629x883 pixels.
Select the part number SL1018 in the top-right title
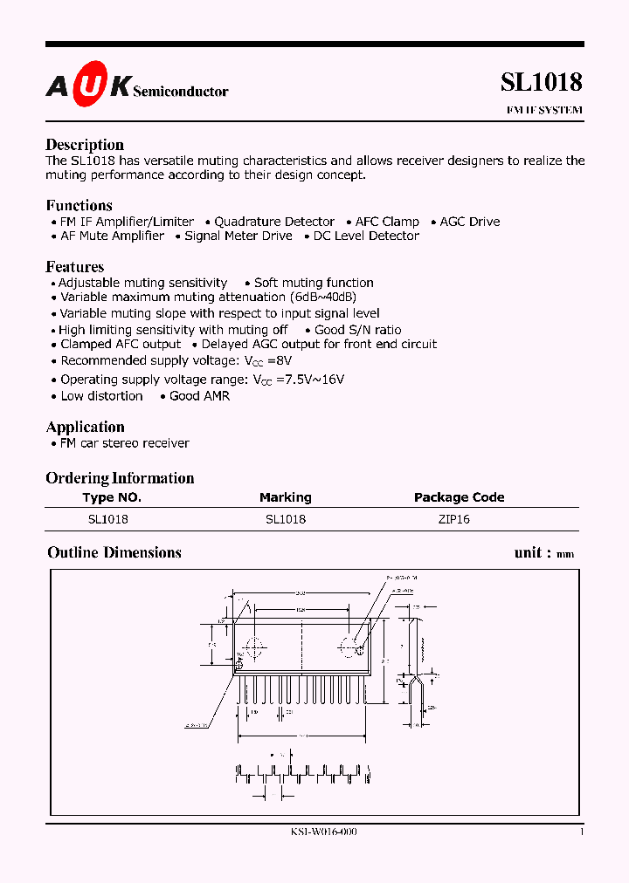click(x=541, y=82)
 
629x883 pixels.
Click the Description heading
click(x=85, y=145)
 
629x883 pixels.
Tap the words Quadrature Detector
click(x=274, y=222)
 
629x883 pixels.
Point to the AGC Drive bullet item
click(x=470, y=222)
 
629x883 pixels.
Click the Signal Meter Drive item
click(x=238, y=236)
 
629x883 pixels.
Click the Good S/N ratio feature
click(x=358, y=330)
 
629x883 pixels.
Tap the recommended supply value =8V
click(x=280, y=360)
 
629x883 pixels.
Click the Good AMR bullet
click(x=199, y=396)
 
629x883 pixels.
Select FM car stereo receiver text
click(x=124, y=443)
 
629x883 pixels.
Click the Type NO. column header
click(x=112, y=497)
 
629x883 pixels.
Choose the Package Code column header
click(x=459, y=497)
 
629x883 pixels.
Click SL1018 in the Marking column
click(x=286, y=518)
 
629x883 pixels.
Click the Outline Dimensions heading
click(x=114, y=552)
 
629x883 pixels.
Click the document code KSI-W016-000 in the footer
click(x=323, y=832)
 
